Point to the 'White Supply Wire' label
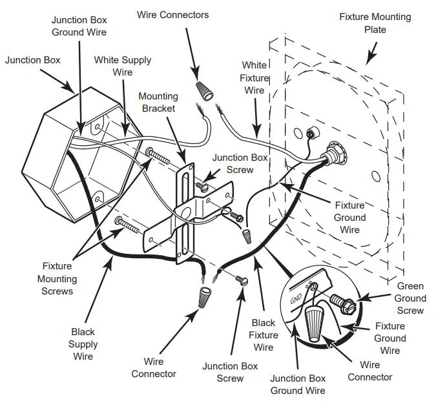[x=123, y=66]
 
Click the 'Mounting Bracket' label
[x=157, y=102]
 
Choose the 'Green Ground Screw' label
[x=410, y=298]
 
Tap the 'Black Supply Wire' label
[x=83, y=344]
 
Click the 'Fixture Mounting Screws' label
[x=58, y=278]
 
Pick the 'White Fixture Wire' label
[x=254, y=77]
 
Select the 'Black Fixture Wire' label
[x=264, y=335]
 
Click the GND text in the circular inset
[x=296, y=298]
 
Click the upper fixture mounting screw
[x=159, y=156]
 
